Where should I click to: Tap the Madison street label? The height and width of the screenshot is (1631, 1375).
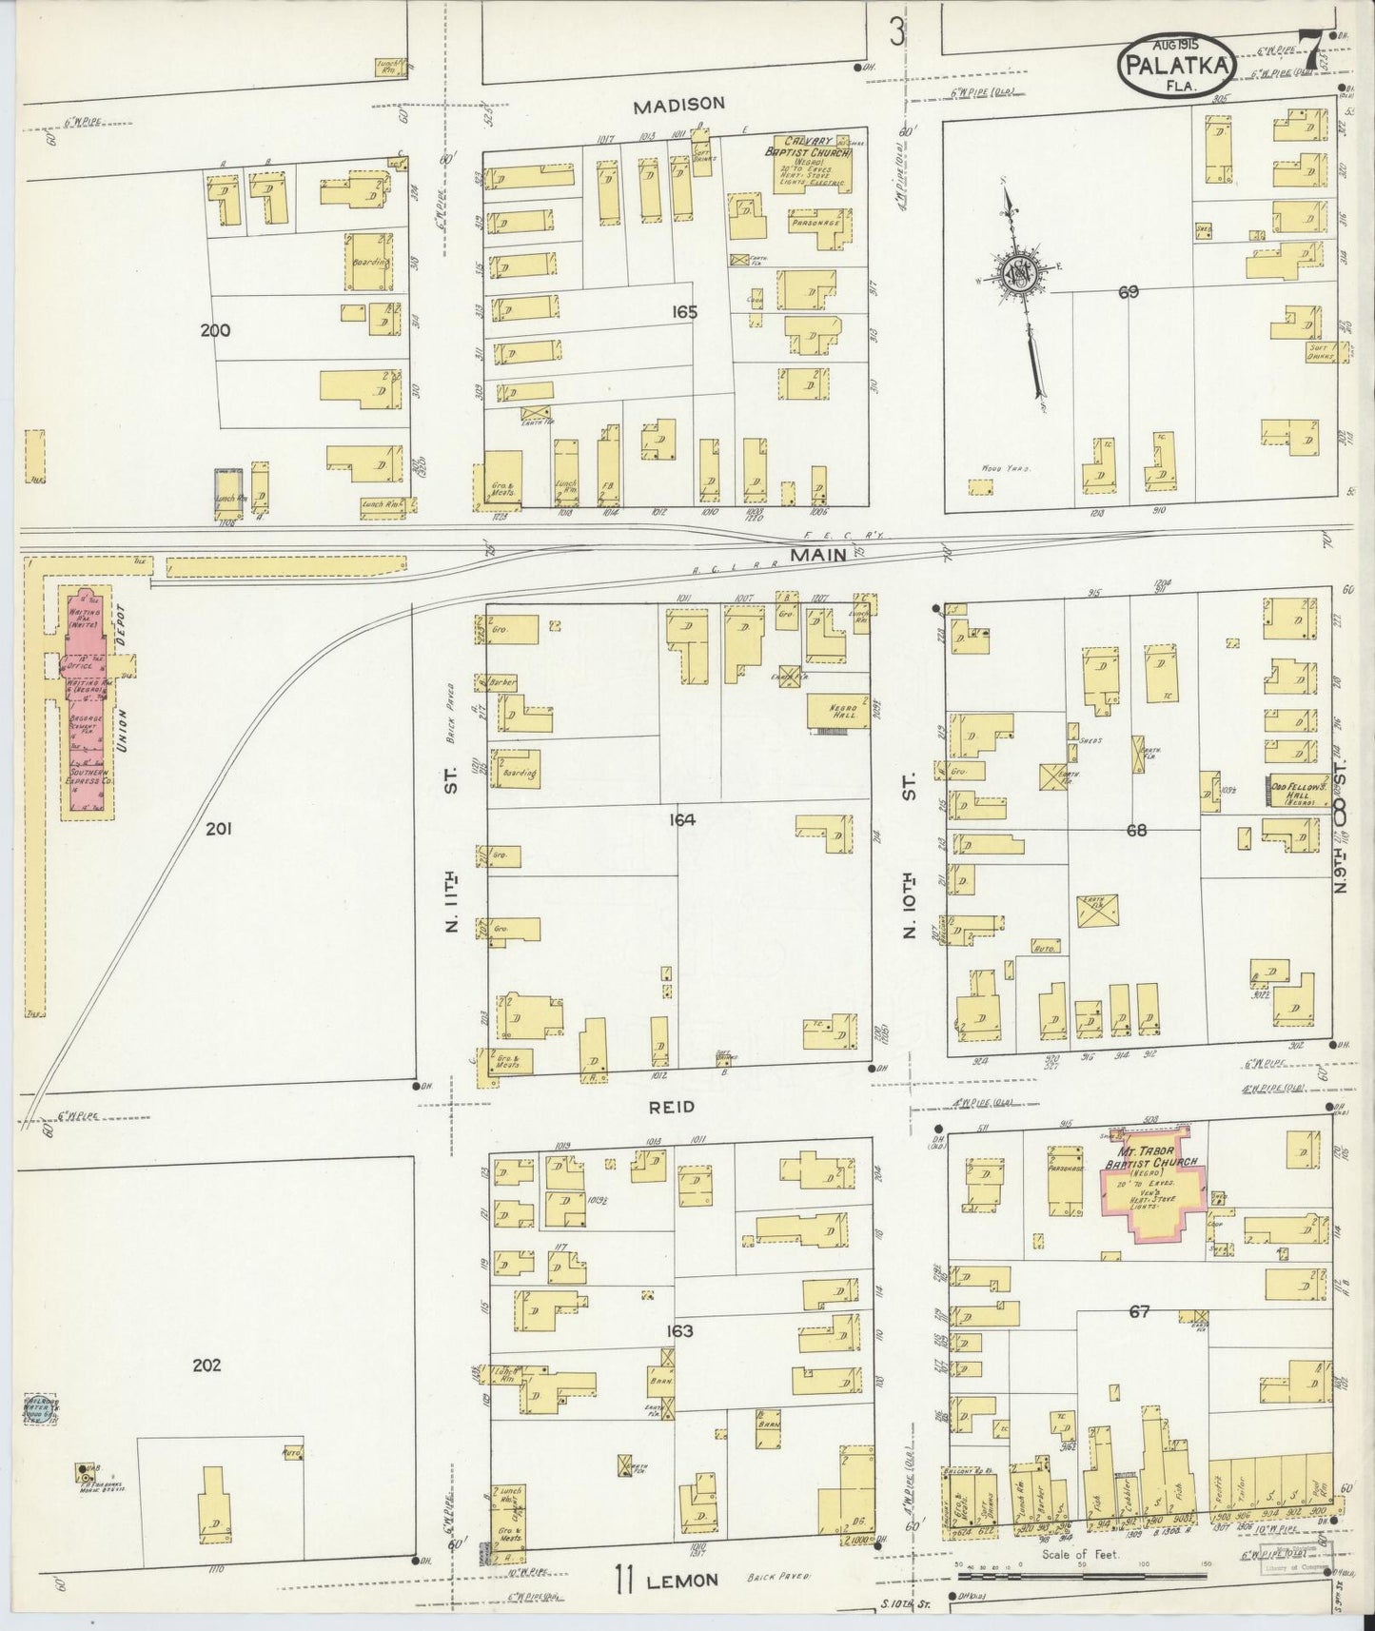679,105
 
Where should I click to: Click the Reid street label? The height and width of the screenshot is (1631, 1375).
672,1107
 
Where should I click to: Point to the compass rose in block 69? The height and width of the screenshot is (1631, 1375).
1019,275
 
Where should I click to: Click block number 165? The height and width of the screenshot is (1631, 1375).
683,311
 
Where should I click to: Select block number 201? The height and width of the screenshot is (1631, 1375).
219,829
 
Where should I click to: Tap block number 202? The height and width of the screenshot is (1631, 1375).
206,1365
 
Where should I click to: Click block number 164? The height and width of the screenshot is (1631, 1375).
681,819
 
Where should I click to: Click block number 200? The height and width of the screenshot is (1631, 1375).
216,330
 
